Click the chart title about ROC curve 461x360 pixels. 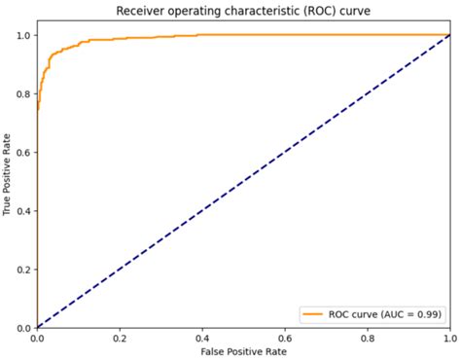click(x=243, y=11)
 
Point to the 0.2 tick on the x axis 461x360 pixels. click(x=120, y=338)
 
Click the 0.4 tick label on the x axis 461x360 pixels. click(x=202, y=338)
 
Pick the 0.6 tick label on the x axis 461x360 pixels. click(x=285, y=338)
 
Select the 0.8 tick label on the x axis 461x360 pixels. click(x=368, y=338)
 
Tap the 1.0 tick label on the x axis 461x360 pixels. click(x=448, y=338)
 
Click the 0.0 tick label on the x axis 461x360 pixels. click(x=37, y=338)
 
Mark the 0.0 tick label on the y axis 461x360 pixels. click(x=23, y=328)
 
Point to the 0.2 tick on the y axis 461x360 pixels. click(x=23, y=270)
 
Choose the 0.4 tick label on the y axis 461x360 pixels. click(x=23, y=211)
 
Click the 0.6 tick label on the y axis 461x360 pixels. click(x=23, y=153)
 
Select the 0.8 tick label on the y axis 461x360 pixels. click(x=23, y=94)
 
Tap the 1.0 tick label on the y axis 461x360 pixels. click(x=23, y=36)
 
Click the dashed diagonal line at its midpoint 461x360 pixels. click(x=243, y=181)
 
